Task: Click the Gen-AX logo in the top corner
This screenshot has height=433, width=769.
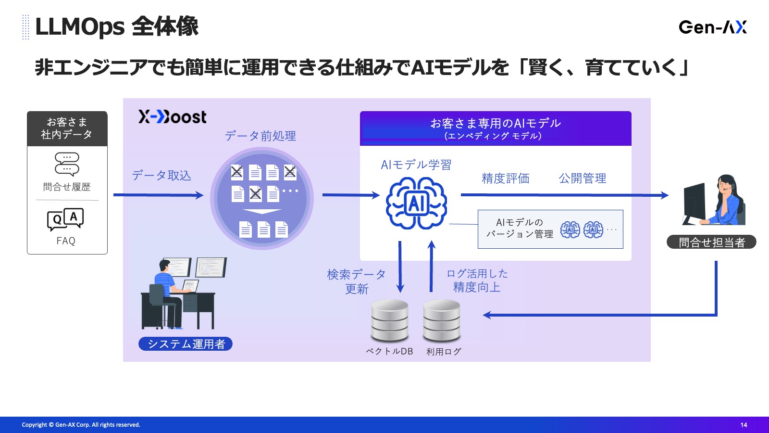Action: tap(712, 27)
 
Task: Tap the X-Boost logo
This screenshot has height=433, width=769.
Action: tap(173, 117)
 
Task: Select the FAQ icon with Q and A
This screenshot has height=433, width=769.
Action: tap(65, 219)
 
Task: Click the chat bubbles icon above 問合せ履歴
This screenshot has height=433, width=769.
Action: tap(67, 164)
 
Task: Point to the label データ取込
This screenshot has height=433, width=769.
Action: tap(161, 176)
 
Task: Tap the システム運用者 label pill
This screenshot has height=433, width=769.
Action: tap(186, 344)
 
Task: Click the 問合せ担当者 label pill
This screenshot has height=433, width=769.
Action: tap(711, 242)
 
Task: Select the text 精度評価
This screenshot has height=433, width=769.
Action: tap(506, 178)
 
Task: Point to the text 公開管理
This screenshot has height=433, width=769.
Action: tap(582, 178)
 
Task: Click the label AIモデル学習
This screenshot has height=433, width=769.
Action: tap(416, 165)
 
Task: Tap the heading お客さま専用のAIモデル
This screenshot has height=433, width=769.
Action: tap(495, 123)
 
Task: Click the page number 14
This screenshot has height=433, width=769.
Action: tap(744, 425)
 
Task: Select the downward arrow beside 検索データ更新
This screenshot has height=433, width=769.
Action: tap(400, 267)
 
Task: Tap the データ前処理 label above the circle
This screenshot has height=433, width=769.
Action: tap(260, 136)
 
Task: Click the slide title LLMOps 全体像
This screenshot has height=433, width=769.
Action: tap(117, 27)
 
